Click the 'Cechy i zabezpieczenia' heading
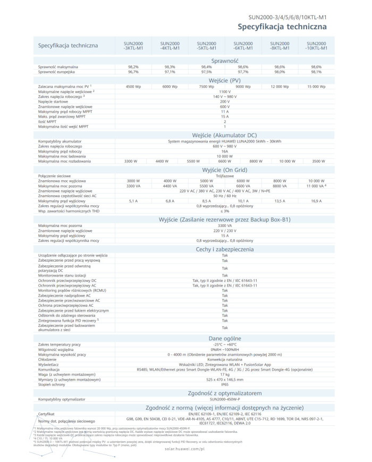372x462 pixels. pyautogui.click(x=224, y=248)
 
